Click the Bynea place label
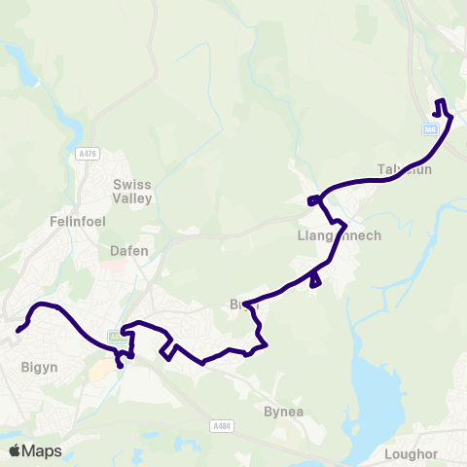tap(284, 412)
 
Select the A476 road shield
tap(86, 153)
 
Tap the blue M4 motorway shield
tap(430, 129)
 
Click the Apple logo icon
tap(14, 450)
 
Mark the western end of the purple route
tap(18, 331)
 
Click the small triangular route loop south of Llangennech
tap(314, 281)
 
